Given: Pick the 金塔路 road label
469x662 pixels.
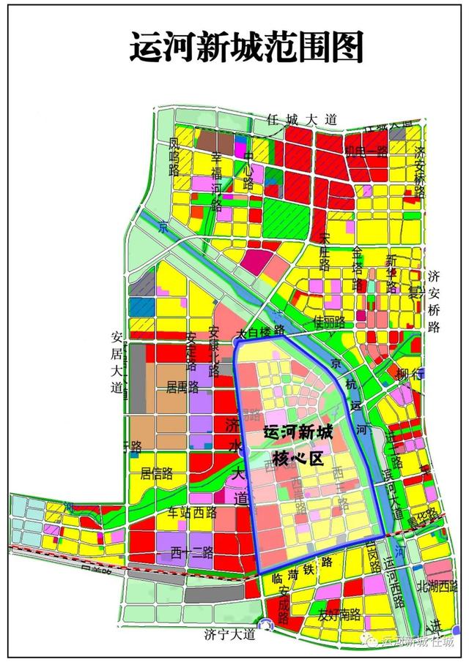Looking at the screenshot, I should pyautogui.click(x=358, y=268).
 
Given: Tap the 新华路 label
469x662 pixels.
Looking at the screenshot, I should pyautogui.click(x=391, y=271).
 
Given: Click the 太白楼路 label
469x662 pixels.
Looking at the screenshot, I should pyautogui.click(x=262, y=333).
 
